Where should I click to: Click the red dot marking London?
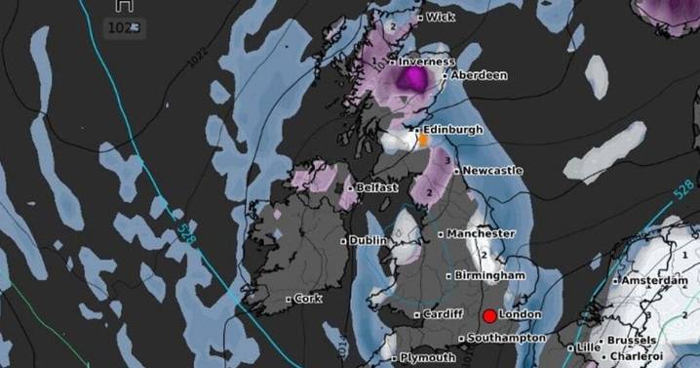(489, 315)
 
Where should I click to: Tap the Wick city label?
(441, 18)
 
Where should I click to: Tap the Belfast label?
(377, 187)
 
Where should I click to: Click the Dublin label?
(369, 240)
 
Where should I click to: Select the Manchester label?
(481, 234)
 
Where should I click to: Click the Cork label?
(307, 299)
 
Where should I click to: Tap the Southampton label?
(506, 338)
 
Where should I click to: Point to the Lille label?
(589, 347)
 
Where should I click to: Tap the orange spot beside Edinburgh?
(424, 141)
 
